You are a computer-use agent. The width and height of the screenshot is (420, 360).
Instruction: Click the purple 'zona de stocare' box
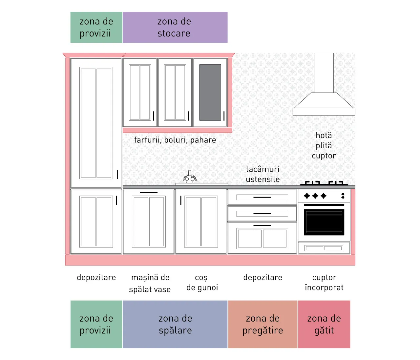(x=175, y=27)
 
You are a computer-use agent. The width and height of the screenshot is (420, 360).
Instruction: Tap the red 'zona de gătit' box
(x=324, y=324)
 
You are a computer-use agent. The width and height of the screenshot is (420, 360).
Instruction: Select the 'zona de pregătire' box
(x=262, y=324)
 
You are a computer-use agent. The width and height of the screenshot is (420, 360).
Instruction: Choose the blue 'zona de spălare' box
(x=175, y=324)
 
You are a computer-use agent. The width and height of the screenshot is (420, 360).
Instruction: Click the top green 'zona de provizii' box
(x=96, y=27)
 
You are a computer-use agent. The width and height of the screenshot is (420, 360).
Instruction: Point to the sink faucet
(x=190, y=177)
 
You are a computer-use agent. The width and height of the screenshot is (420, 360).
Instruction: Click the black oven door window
(x=324, y=222)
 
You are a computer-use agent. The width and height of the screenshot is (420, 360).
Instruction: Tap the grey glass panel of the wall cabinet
(x=210, y=93)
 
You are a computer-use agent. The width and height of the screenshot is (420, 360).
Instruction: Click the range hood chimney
(x=324, y=73)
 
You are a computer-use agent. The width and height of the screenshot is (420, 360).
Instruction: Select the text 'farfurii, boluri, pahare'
(x=175, y=140)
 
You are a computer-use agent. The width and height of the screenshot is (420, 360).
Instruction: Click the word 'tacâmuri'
(x=262, y=169)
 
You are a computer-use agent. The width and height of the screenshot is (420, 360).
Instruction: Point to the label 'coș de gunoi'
(x=202, y=283)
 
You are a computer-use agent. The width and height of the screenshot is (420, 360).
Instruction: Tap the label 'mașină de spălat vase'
(x=150, y=283)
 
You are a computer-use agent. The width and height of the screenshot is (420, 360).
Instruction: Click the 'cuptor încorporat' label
(x=324, y=283)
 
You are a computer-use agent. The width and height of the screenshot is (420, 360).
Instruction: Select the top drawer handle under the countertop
(x=262, y=197)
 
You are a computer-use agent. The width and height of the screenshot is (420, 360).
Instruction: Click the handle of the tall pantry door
(x=117, y=174)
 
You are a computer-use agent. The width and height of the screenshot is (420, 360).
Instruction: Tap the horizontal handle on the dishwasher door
(x=149, y=193)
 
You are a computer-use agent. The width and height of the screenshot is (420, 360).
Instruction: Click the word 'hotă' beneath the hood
(x=324, y=136)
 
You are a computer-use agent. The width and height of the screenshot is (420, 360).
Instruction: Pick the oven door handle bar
(x=324, y=205)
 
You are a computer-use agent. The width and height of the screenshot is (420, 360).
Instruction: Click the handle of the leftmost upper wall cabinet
(x=154, y=116)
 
